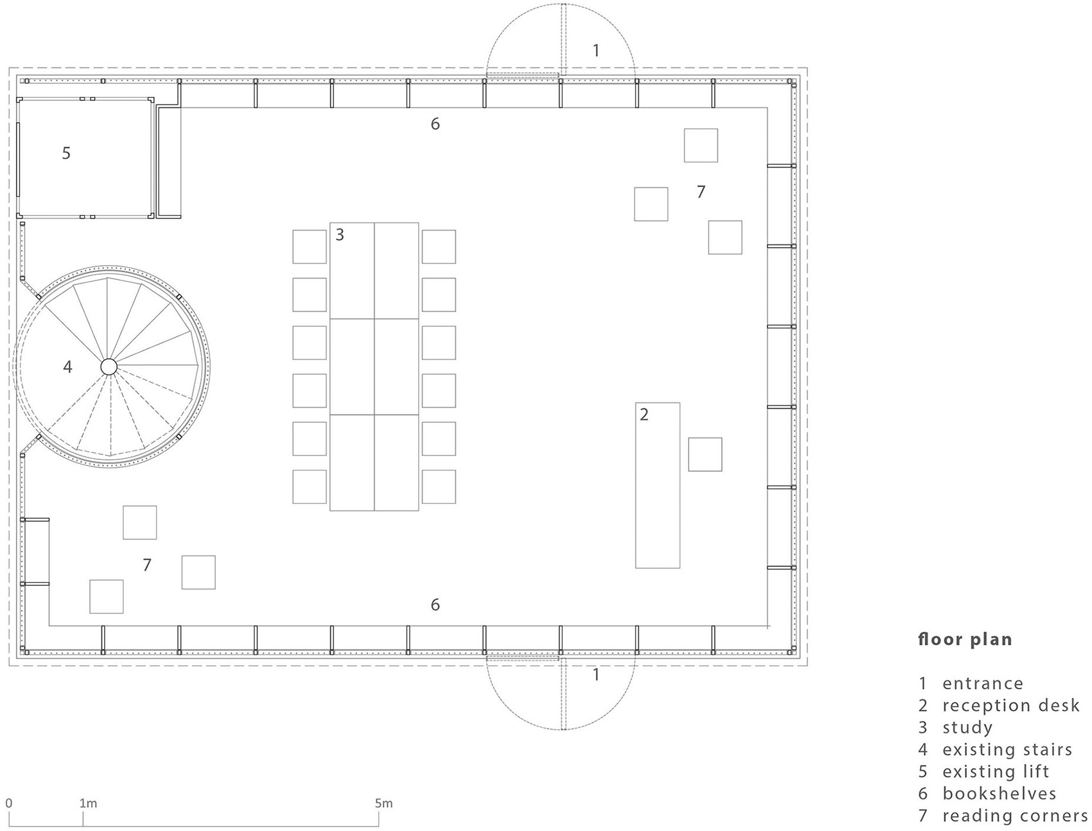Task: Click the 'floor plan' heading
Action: click(x=965, y=640)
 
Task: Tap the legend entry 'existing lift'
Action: click(x=996, y=771)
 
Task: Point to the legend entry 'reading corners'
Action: click(x=1015, y=816)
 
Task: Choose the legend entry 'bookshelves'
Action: click(x=1000, y=793)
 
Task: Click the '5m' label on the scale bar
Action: click(x=383, y=803)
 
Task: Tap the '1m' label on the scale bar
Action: click(x=88, y=803)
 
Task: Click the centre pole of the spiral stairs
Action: click(x=108, y=366)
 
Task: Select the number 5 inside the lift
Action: click(x=66, y=153)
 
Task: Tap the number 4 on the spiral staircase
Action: click(x=67, y=367)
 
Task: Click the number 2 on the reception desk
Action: click(x=644, y=415)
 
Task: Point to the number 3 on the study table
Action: click(x=340, y=235)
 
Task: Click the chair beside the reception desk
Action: click(x=705, y=454)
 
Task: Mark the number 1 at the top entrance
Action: click(x=596, y=50)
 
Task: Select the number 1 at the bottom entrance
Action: click(x=596, y=675)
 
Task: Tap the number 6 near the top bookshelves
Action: click(x=435, y=124)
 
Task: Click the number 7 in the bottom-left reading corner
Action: click(x=147, y=565)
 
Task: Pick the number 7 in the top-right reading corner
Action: click(x=701, y=191)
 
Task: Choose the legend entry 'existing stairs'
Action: click(x=1007, y=750)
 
